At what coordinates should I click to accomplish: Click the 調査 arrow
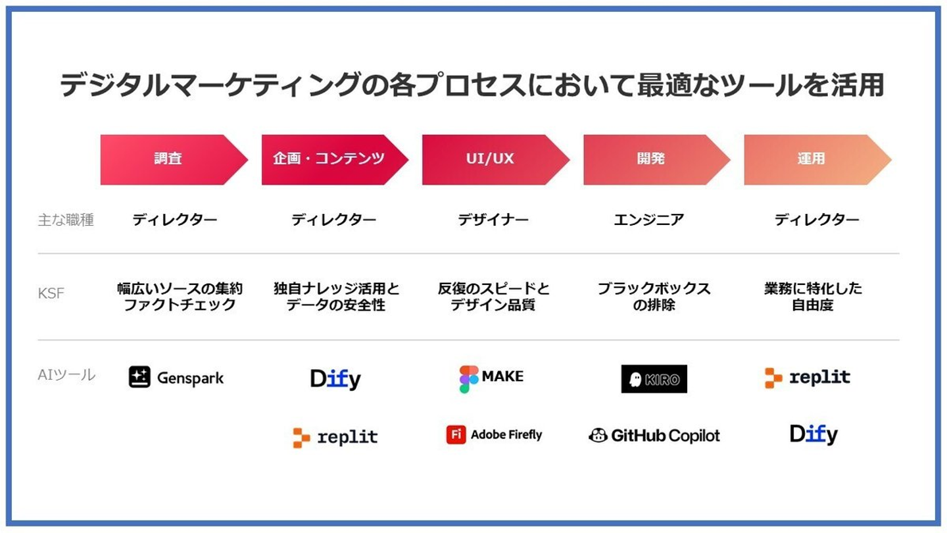coord(174,159)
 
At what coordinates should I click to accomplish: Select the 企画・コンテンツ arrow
coord(335,159)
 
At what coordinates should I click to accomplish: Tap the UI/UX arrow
coord(495,159)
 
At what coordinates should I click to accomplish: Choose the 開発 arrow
coord(656,159)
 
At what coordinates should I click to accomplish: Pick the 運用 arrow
coord(817,159)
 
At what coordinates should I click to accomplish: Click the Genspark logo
coord(176,377)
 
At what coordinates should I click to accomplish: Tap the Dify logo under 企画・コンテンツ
coord(335,379)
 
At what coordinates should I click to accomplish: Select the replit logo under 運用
coord(808,377)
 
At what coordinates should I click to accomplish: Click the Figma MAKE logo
coord(491,378)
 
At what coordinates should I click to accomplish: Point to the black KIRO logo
coord(654,378)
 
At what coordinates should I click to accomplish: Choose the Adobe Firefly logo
coord(494,434)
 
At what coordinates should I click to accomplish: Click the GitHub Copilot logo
coord(654,436)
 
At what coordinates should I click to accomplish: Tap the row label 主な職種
coord(66,220)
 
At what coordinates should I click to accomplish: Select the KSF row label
coord(51,293)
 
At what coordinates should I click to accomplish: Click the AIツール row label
coord(67,375)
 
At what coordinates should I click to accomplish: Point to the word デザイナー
coord(493,220)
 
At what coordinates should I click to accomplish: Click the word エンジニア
coord(649,220)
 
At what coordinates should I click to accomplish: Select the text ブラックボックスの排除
coord(654,297)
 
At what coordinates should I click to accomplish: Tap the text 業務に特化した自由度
coord(813,297)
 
